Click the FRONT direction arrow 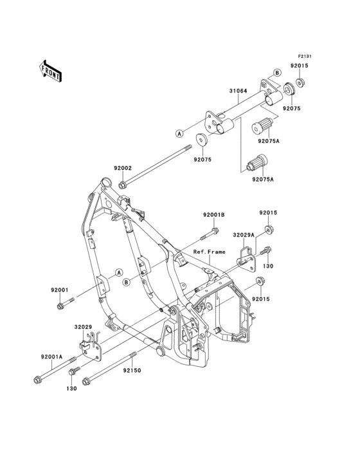click(50, 71)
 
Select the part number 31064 click(239, 91)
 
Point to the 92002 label click(122, 168)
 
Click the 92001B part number click(214, 215)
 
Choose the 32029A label click(244, 235)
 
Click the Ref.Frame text click(209, 252)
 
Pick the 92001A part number click(52, 357)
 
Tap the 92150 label click(132, 371)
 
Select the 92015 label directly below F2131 click(299, 66)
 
